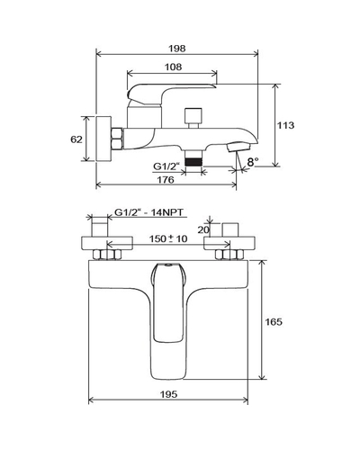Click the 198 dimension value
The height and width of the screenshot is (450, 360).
point(177,49)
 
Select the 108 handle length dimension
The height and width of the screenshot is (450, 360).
point(173,67)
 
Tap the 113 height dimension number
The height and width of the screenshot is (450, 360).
point(285,125)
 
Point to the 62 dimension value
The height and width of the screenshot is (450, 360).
point(76,139)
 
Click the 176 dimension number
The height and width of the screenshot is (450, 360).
point(166,180)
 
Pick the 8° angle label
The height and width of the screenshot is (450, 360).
point(253,162)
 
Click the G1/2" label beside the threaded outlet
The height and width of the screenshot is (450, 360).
point(166,166)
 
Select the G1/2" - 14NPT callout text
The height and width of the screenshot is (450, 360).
point(148,212)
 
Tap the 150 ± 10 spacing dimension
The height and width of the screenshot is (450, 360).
point(168,238)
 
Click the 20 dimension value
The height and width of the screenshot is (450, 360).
point(203,229)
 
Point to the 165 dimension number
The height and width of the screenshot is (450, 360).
point(274,322)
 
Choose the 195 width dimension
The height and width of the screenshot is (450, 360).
point(168,394)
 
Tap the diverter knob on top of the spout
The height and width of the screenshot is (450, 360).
point(193,118)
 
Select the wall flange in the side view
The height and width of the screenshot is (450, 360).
point(103,139)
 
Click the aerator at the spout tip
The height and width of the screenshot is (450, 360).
point(239,147)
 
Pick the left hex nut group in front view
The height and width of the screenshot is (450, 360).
point(107,255)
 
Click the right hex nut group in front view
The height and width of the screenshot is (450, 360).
point(229,255)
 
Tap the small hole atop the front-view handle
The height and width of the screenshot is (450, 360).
point(167,265)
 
